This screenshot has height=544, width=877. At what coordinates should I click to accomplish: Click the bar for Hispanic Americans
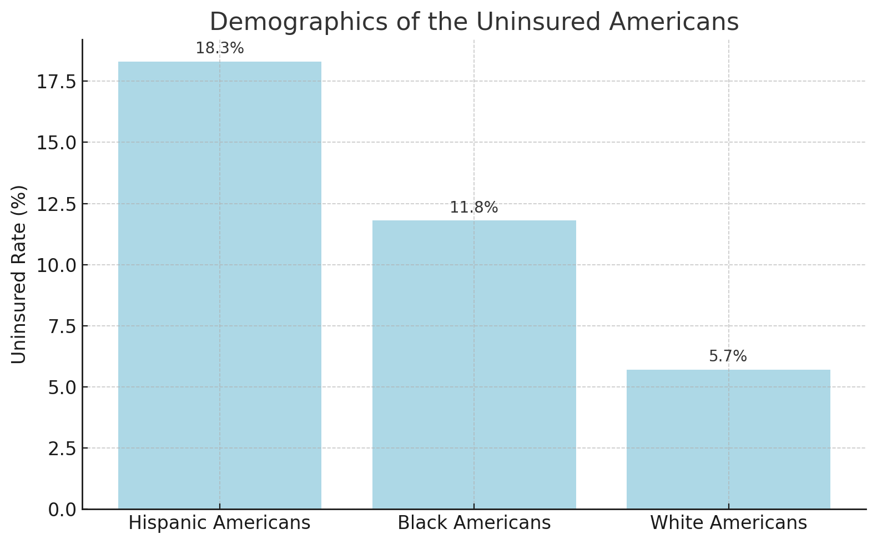[x=220, y=285]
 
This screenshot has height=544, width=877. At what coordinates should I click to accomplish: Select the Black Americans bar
[x=474, y=365]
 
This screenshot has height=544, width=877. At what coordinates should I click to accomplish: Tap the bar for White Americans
[x=728, y=439]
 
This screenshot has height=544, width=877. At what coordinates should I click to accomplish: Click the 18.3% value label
[x=220, y=49]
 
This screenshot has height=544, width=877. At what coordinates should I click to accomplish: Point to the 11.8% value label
[x=474, y=208]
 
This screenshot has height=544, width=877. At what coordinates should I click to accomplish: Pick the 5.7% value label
[x=728, y=357]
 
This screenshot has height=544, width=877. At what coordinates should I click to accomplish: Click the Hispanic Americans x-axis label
[x=220, y=523]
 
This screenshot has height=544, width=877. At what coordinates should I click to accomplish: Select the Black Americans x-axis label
[x=474, y=523]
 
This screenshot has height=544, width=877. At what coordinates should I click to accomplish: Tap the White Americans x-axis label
[x=728, y=523]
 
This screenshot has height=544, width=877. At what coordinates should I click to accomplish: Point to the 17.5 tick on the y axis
[x=56, y=82]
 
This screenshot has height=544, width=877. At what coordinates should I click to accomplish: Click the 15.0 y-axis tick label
[x=56, y=143]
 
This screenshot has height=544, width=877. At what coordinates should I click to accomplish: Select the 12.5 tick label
[x=56, y=204]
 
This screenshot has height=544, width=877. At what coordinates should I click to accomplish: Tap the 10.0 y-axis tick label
[x=56, y=265]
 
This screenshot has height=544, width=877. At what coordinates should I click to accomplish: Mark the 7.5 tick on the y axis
[x=62, y=326]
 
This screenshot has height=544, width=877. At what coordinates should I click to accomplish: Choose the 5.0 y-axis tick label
[x=62, y=387]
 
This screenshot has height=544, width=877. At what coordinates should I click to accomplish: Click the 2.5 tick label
[x=62, y=449]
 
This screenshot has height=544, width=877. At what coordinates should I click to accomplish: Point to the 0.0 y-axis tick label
[x=62, y=510]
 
